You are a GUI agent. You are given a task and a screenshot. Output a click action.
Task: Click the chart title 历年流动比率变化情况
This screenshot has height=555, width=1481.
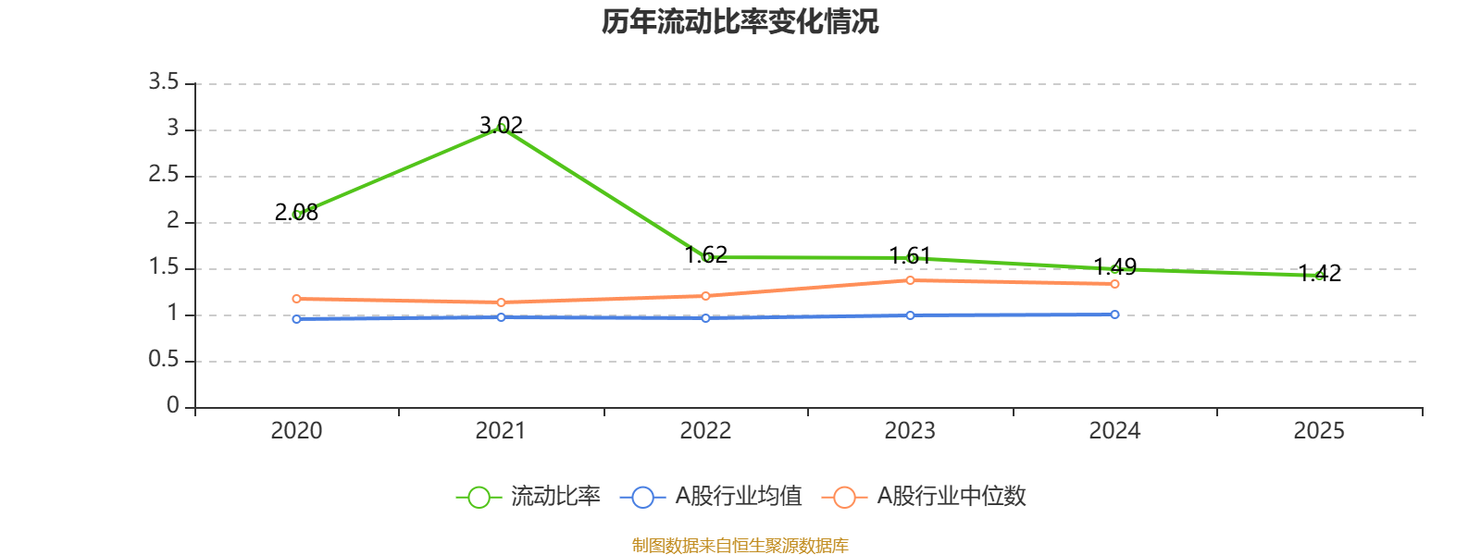pos(740,22)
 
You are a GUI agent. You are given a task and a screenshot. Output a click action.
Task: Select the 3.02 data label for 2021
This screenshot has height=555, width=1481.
pos(501,125)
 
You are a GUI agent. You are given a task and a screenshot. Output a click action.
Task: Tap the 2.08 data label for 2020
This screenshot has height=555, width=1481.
pos(296,212)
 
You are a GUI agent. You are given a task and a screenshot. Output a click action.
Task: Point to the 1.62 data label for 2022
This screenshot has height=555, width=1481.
pos(705,254)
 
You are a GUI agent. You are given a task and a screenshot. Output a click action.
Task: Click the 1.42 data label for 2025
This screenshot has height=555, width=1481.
pos(1320,273)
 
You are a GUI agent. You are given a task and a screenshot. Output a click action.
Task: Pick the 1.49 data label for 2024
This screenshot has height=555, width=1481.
pos(1114,267)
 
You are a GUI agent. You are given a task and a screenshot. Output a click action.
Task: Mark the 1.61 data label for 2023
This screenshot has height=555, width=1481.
pos(910,255)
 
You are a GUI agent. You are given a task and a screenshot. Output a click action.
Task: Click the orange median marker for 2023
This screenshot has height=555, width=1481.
pos(910,280)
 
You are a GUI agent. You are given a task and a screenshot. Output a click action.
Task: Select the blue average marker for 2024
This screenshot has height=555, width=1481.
pos(1114,314)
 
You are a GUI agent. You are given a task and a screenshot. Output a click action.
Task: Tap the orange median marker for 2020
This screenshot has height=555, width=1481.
pos(296,299)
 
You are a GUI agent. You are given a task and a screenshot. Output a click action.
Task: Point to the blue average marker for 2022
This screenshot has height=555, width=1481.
pos(705,318)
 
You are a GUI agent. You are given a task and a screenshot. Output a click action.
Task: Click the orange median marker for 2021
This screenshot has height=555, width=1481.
pos(501,302)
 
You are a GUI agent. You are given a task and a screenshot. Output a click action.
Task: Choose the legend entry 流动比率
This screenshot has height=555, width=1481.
pos(529,496)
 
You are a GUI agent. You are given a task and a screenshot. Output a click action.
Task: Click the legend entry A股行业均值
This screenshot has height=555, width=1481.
pos(711,496)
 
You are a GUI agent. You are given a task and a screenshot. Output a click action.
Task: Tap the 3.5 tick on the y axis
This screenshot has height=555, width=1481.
pos(163,82)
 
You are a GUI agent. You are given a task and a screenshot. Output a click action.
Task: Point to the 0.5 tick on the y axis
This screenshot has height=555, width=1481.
pos(163,360)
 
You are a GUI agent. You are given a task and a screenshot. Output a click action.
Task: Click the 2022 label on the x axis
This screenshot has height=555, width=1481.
pos(705,431)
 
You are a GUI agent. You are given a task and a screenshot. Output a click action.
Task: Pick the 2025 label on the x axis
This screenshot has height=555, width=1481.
pos(1319,431)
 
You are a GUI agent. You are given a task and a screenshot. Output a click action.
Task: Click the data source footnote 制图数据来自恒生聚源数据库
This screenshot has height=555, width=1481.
pos(740,545)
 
